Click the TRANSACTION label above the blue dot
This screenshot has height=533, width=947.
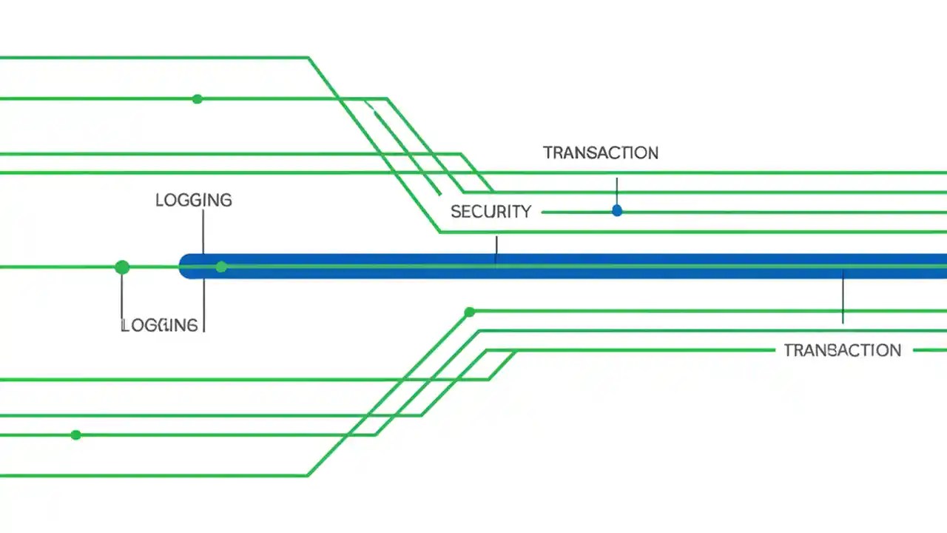(600, 153)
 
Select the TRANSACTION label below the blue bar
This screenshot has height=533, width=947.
(842, 350)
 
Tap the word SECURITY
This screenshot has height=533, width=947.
(491, 212)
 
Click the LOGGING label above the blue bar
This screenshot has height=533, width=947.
(193, 200)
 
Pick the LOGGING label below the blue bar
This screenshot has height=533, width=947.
(159, 325)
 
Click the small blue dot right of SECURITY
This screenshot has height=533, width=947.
(617, 211)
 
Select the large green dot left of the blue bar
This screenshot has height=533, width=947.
(122, 267)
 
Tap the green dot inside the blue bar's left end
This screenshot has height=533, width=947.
(221, 266)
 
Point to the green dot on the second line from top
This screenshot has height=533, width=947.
(197, 98)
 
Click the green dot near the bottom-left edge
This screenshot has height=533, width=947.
(75, 435)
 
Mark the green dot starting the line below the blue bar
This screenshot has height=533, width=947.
(469, 312)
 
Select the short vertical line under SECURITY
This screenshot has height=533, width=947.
(496, 249)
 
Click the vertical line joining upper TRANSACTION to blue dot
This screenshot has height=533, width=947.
(616, 191)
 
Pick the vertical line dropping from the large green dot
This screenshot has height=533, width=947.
(121, 296)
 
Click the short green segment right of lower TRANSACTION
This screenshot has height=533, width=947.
(930, 350)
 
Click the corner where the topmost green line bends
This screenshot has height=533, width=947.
(309, 57)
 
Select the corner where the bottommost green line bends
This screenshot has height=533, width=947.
(307, 475)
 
